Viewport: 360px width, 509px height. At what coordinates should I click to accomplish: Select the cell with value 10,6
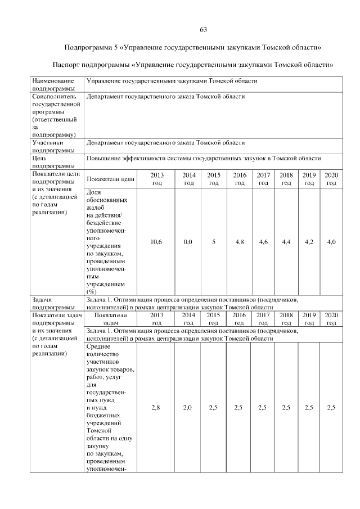pos(157,242)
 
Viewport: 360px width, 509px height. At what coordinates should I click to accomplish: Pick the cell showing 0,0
pos(188,242)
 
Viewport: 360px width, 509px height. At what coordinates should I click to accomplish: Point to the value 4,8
pos(240,242)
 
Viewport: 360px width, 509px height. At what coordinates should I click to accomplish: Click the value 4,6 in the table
pos(263,242)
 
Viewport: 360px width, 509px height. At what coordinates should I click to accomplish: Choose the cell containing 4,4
pos(286,242)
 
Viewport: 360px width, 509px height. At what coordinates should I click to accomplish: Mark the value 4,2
pos(309,242)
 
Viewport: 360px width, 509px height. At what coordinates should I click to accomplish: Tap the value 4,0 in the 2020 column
pos(331,242)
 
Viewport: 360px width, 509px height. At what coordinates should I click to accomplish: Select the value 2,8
pos(157,408)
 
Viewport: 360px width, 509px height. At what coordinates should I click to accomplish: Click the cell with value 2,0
pos(188,408)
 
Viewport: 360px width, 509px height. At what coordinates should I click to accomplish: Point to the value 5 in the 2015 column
pos(214,242)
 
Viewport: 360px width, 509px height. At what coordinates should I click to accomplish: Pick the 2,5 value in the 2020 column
pos(331,408)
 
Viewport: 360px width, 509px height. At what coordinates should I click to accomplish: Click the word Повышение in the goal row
pos(103,159)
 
